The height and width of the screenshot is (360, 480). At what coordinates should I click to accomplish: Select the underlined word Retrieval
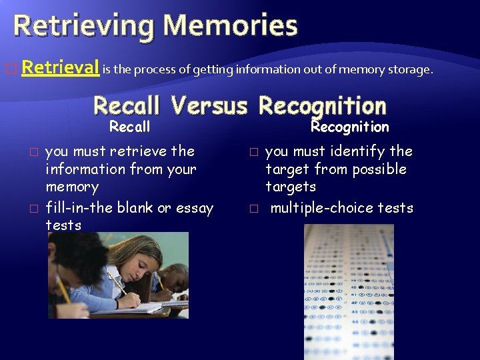[x=61, y=67]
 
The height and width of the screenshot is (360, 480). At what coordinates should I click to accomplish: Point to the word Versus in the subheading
[x=209, y=106]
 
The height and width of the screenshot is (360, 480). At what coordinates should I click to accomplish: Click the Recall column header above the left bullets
[x=129, y=127]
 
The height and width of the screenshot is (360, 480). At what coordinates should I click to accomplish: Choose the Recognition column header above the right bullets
[x=350, y=127]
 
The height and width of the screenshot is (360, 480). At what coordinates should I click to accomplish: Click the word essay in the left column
[x=194, y=208]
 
